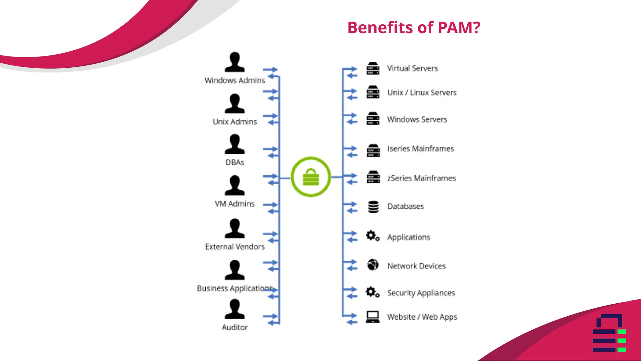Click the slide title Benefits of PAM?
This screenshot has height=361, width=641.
(413, 28)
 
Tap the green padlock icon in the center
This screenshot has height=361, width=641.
(311, 177)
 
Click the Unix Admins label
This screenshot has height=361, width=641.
(234, 122)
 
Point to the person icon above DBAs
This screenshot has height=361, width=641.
(234, 144)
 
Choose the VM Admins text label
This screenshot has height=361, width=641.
(234, 204)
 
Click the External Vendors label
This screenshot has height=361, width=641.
(234, 247)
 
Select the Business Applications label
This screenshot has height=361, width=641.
(234, 288)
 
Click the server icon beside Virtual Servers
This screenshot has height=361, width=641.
(373, 68)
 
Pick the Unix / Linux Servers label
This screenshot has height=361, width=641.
(422, 92)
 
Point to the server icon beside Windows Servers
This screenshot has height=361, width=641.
(373, 118)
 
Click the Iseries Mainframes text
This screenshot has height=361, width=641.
(420, 149)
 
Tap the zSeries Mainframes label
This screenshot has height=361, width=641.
(421, 178)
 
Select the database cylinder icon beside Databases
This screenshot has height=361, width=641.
(373, 207)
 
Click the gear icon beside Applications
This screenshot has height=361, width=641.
(372, 236)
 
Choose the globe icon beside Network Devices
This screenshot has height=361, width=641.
(373, 265)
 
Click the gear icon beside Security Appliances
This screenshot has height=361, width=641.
(372, 292)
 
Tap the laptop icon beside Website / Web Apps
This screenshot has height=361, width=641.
(373, 317)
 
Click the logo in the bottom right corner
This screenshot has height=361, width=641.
(609, 333)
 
